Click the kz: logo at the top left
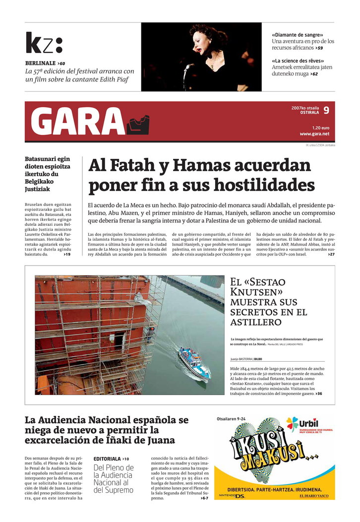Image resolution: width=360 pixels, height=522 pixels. pos(44,43)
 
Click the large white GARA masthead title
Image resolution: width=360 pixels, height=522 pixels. pos(78,122)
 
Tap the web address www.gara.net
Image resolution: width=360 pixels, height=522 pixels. pos(314,134)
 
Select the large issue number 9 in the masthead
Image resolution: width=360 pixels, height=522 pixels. pos(326,111)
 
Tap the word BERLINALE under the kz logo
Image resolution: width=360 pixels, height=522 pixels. pos(40,64)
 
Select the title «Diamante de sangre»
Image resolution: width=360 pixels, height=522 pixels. pos(297,35)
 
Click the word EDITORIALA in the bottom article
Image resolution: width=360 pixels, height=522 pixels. pos(107,458)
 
